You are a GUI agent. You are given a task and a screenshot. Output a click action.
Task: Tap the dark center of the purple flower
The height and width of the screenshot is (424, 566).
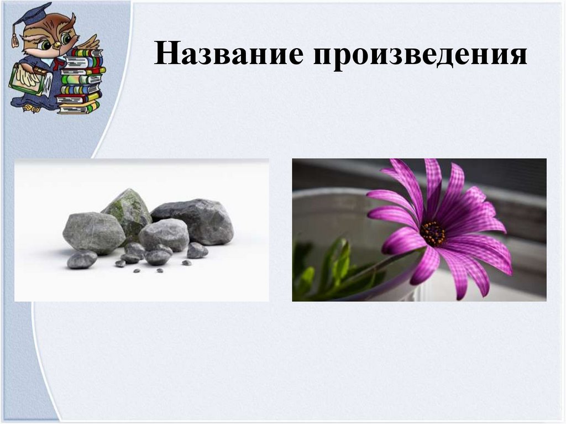tap(433, 234)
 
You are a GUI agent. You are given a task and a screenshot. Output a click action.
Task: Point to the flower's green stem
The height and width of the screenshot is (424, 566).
tap(376, 271)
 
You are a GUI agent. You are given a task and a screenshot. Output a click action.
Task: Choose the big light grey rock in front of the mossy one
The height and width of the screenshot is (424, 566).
tap(93, 231)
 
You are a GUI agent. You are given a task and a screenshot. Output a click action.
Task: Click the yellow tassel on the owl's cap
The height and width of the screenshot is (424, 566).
tap(15, 39)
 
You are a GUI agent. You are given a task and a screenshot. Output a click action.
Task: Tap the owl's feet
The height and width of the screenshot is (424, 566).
tap(33, 108)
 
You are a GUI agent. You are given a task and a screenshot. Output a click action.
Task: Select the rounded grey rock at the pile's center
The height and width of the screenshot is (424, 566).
tap(164, 233)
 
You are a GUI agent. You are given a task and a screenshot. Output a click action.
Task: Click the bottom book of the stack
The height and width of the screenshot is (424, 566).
tap(79, 109)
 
